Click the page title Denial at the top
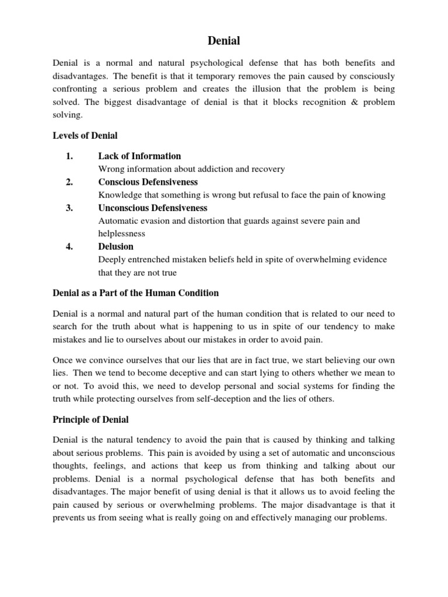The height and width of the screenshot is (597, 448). pos(224,41)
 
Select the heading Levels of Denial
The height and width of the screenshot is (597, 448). pos(85,136)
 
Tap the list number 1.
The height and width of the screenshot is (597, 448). pos(69,156)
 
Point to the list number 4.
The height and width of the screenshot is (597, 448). pos(69,247)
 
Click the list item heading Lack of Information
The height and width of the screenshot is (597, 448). pos(139,156)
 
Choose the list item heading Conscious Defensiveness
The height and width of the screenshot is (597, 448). pos(148,182)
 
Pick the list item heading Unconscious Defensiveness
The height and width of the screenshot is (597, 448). pos(153,208)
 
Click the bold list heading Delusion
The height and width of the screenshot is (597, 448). pos(116,247)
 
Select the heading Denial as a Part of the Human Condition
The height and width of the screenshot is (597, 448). pos(136,293)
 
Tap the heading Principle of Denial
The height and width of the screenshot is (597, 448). pos(90,420)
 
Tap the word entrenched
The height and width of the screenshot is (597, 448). pos(148,259)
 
